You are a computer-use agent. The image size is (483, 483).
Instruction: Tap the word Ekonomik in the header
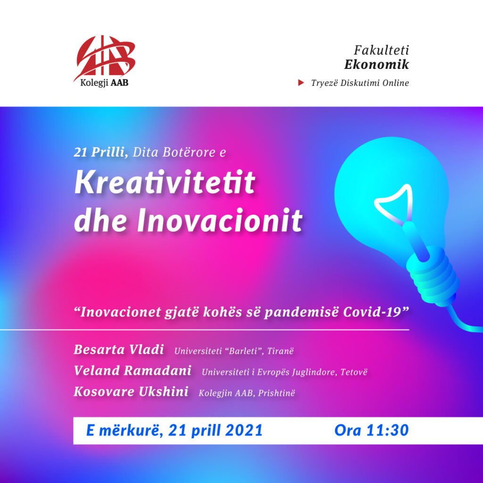click(376, 64)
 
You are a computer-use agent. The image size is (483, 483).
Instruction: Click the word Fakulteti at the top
click(381, 50)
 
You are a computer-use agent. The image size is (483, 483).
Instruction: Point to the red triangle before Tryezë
click(301, 83)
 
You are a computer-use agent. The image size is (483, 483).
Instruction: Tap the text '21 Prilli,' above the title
click(101, 152)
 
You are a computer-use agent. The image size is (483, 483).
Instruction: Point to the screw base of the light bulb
click(433, 275)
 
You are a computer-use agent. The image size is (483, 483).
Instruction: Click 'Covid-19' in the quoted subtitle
click(376, 312)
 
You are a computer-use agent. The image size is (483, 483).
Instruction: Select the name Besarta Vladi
click(118, 350)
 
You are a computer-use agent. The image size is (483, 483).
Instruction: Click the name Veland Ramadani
click(133, 371)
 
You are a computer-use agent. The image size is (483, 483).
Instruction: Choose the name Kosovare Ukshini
click(131, 391)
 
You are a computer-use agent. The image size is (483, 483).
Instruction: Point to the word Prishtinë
click(276, 393)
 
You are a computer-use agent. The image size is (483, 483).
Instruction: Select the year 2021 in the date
click(244, 430)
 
